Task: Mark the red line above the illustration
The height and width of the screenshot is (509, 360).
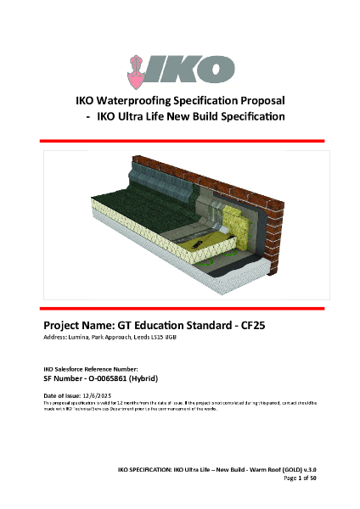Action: [x=179, y=139]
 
